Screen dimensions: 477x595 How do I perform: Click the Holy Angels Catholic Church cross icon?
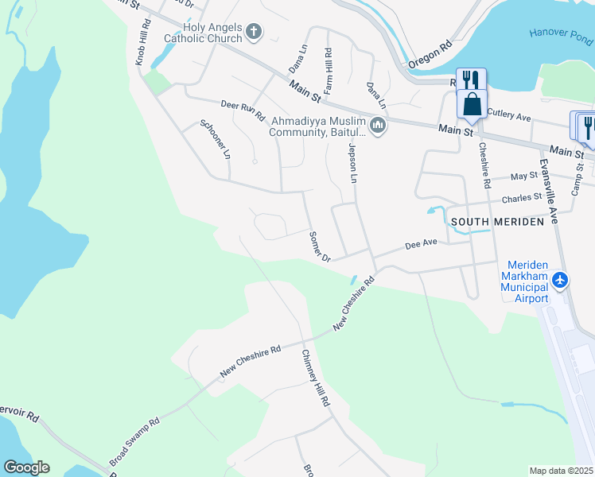pyautogui.click(x=254, y=33)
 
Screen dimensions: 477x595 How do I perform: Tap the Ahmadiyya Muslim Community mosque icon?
pyautogui.click(x=378, y=126)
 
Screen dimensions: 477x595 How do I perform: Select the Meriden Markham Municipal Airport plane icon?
pyautogui.click(x=561, y=280)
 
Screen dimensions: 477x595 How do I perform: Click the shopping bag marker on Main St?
pyautogui.click(x=472, y=103)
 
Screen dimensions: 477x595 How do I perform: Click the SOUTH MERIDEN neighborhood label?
pyautogui.click(x=497, y=221)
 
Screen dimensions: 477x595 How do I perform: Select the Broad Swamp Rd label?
pyautogui.click(x=134, y=440)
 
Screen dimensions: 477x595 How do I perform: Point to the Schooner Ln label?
pyautogui.click(x=215, y=139)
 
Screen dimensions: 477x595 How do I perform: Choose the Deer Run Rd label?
pyautogui.click(x=242, y=110)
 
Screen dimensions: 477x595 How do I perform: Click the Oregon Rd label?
pyautogui.click(x=430, y=54)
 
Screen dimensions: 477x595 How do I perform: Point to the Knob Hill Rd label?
pyautogui.click(x=142, y=43)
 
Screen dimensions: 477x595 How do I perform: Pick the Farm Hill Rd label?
pyautogui.click(x=328, y=68)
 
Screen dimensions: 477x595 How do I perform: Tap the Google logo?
pyautogui.click(x=26, y=467)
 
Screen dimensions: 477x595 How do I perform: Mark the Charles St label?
pyautogui.click(x=521, y=196)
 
